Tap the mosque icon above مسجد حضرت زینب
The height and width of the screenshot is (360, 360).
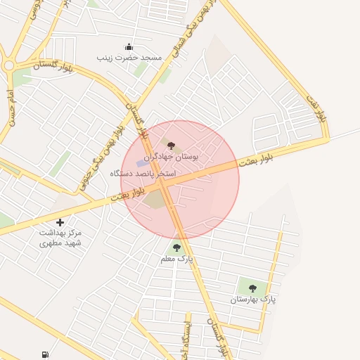point(129,46)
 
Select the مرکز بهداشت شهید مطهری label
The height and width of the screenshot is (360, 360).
point(60,237)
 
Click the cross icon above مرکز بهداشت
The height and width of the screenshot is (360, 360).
point(60,222)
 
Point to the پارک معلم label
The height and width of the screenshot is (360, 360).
point(176,259)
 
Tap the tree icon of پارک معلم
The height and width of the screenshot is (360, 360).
point(176,247)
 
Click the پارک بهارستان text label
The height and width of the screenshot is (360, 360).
point(253,299)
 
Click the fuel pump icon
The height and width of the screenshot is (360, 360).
point(45,354)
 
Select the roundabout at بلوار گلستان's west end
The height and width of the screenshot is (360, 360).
point(9,67)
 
